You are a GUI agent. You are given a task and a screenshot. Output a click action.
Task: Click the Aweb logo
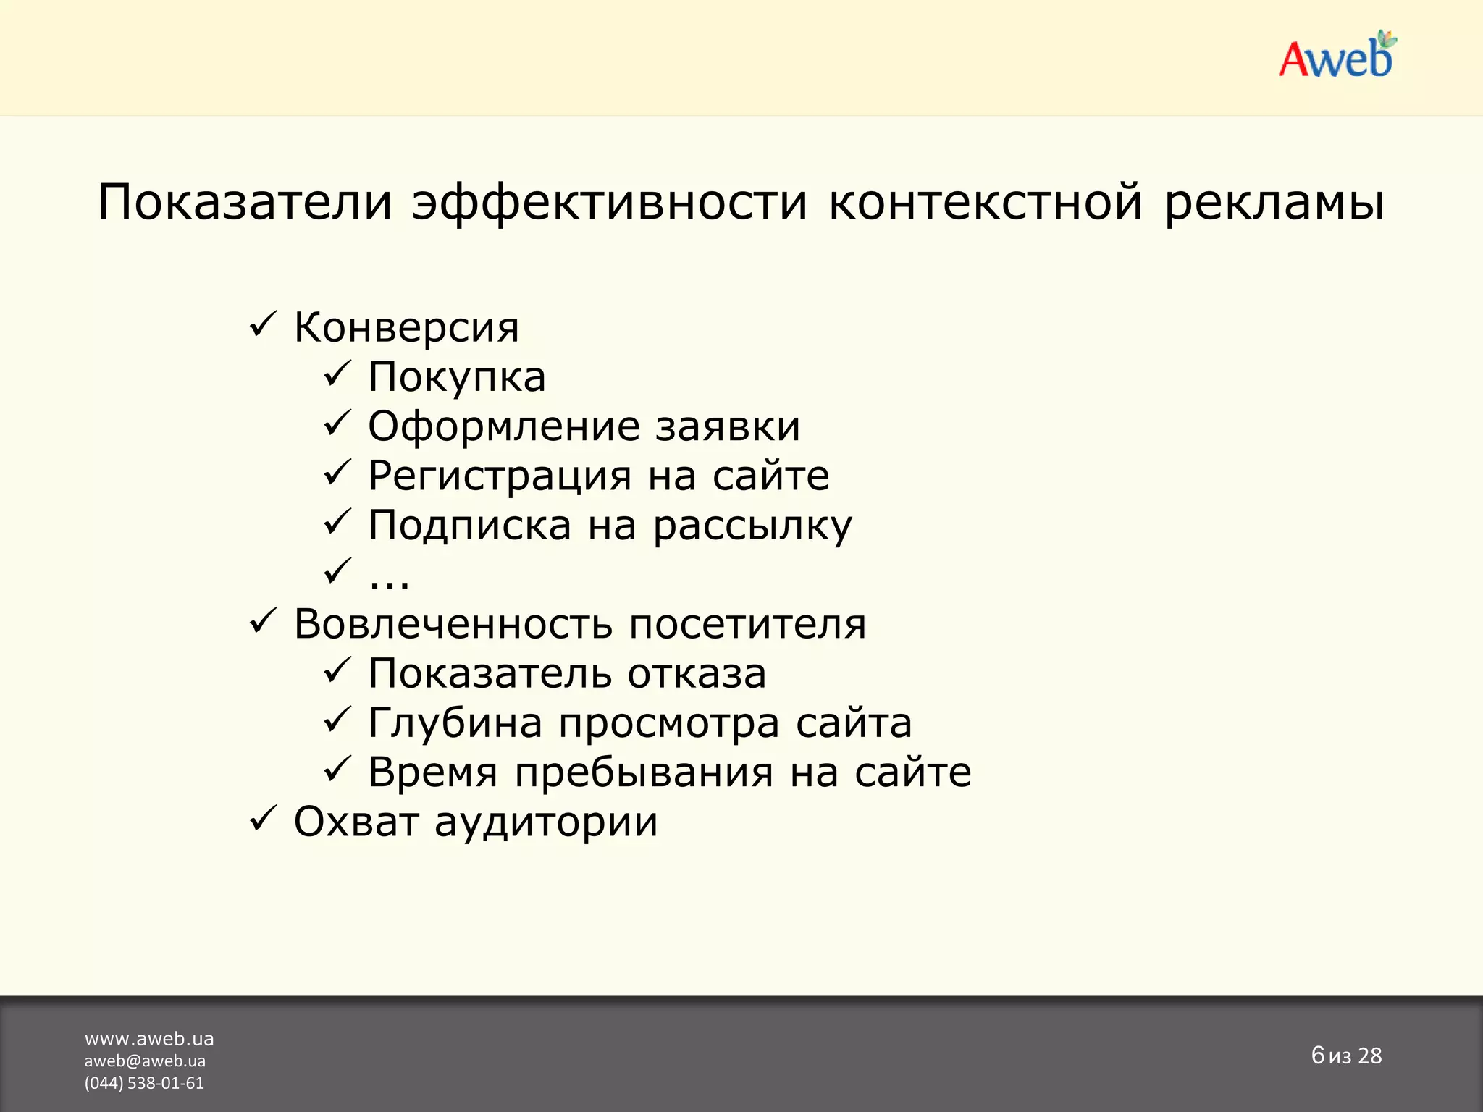(1336, 56)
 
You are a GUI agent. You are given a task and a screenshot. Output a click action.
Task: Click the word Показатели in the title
(245, 202)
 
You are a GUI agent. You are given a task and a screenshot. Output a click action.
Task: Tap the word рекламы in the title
(1274, 202)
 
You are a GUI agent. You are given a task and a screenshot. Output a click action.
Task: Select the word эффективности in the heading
(610, 202)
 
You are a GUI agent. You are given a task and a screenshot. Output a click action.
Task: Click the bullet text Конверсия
(406, 328)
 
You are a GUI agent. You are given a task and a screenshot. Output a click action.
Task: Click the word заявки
(728, 426)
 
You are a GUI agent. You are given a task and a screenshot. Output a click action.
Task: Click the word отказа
(697, 674)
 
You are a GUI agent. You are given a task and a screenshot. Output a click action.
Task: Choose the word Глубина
(455, 723)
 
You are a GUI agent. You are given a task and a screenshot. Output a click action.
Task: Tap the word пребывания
(644, 772)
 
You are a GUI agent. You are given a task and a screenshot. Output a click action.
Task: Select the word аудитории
(547, 822)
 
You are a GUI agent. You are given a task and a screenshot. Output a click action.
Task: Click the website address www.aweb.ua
(149, 1039)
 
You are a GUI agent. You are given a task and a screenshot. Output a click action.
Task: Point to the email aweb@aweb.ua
(145, 1061)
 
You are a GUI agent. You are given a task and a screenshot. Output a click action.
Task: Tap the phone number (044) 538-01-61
(144, 1083)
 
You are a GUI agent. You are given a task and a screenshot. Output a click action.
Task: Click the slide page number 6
(1317, 1055)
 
